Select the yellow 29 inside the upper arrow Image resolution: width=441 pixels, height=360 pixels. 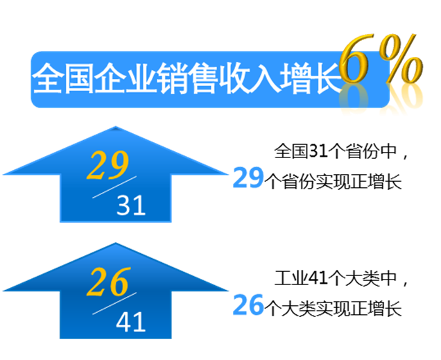[107, 165]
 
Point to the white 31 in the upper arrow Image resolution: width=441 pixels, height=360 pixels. [131, 205]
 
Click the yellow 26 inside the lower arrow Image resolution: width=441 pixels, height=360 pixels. [108, 282]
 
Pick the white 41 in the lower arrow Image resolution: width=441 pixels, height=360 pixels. [131, 322]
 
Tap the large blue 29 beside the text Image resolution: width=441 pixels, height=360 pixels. [248, 178]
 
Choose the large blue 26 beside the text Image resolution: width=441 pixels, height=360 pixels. [248, 305]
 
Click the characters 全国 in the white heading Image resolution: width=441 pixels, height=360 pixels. [63, 78]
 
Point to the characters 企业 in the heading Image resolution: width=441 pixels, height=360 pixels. [126, 78]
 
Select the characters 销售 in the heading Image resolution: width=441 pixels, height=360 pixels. [188, 78]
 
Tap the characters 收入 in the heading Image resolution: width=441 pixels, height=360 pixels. [250, 78]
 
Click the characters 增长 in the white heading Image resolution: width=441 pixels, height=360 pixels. [311, 78]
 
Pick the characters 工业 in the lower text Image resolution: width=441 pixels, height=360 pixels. [291, 278]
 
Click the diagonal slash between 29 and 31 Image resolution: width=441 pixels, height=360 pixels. [114, 187]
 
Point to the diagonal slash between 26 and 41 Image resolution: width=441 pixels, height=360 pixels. [114, 304]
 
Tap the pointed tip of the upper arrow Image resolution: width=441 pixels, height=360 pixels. [116, 127]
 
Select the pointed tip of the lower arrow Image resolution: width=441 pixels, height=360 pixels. [116, 243]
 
